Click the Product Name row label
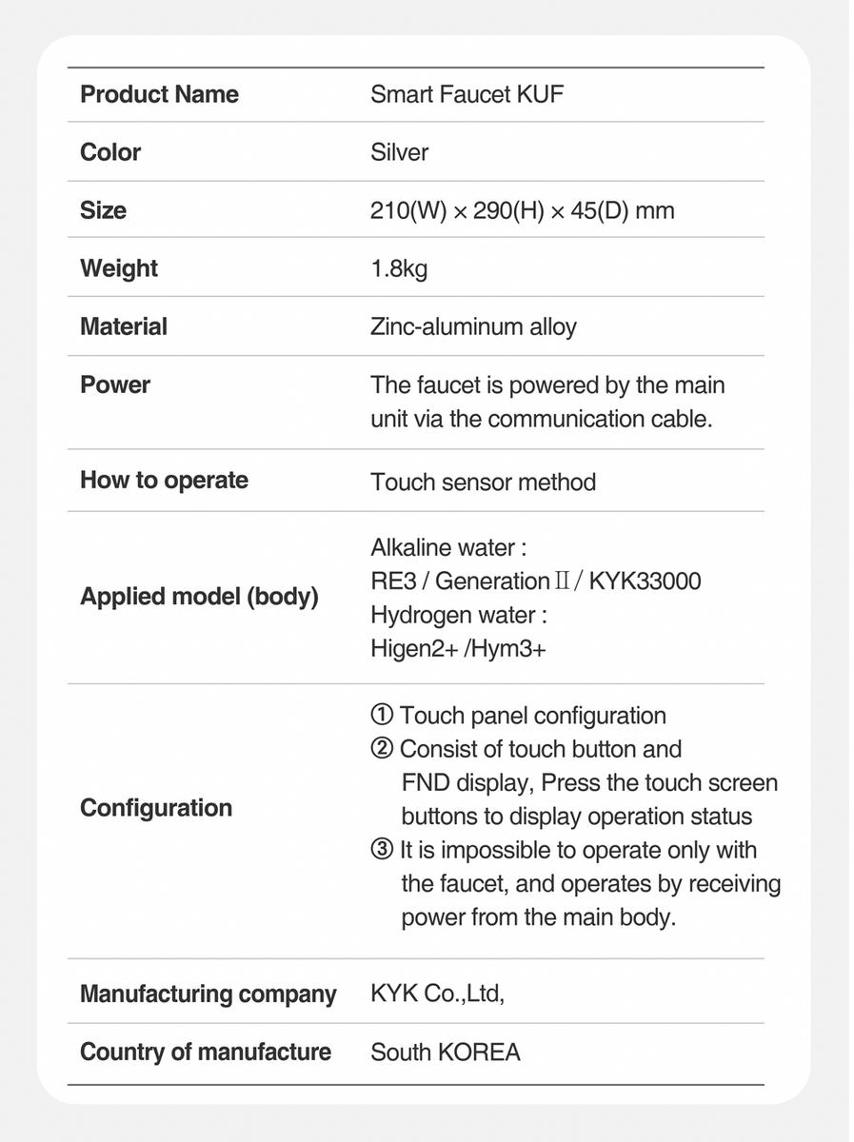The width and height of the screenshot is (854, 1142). (x=159, y=94)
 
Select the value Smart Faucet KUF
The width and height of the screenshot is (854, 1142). (x=467, y=94)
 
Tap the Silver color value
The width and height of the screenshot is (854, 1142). (x=399, y=152)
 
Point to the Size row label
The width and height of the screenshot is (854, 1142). (x=103, y=210)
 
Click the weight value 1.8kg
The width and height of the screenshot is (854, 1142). (x=399, y=268)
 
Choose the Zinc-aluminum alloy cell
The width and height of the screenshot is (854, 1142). (x=473, y=327)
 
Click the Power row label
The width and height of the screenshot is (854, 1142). (x=115, y=385)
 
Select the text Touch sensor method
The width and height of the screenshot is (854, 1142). (x=483, y=482)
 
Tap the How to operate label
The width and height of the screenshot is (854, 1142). (x=164, y=481)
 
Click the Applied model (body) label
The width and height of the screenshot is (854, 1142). (x=199, y=598)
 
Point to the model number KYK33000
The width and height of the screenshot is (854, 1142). (x=645, y=581)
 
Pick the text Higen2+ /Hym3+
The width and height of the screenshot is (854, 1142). (x=458, y=649)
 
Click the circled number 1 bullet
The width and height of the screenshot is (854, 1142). (x=381, y=716)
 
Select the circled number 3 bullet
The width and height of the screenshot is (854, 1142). (x=381, y=850)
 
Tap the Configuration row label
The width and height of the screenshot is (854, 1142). (x=156, y=808)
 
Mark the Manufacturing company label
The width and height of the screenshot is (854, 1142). (x=208, y=994)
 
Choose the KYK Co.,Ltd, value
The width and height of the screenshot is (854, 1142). (x=437, y=994)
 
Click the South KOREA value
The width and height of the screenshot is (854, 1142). (x=446, y=1053)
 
